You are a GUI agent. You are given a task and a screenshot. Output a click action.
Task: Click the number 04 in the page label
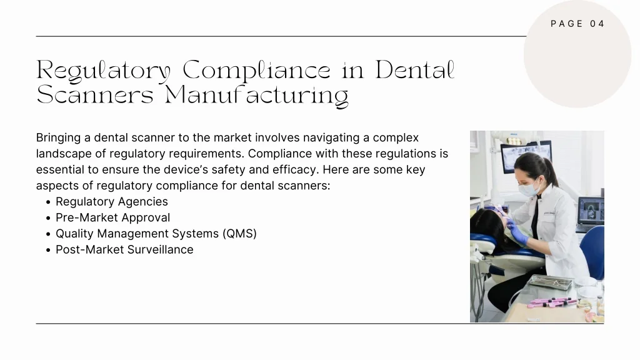pos(597,24)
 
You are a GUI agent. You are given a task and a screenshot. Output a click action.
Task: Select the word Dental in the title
pos(415,70)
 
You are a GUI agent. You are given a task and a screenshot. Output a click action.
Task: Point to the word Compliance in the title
pos(256,70)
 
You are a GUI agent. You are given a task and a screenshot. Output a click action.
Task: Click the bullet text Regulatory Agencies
pos(112,202)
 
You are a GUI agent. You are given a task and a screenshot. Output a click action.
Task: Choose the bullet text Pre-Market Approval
pos(112,217)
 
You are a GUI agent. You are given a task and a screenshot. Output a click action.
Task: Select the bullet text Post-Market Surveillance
pos(124,249)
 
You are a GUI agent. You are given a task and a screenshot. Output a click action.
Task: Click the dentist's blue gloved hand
pos(517,234)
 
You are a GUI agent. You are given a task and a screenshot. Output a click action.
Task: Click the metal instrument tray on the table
pos(551,282)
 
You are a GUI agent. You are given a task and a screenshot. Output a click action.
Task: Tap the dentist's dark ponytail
pos(549,171)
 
